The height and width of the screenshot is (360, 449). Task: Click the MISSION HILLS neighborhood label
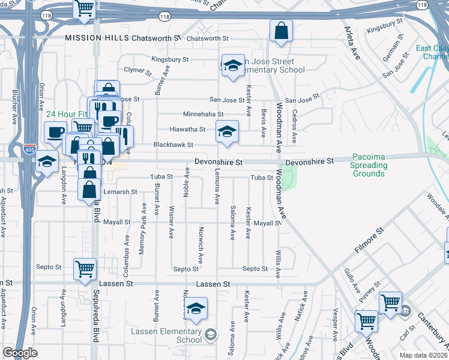point(94,37)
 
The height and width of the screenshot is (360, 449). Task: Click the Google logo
point(20,353)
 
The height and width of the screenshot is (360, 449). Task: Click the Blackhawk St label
point(173,145)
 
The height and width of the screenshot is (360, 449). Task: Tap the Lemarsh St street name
point(121,191)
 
